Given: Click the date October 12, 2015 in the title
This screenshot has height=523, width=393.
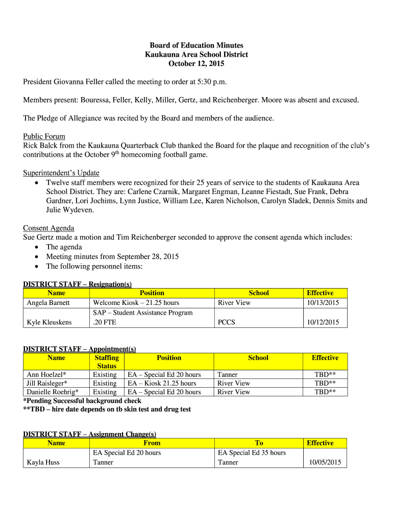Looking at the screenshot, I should point(196,64).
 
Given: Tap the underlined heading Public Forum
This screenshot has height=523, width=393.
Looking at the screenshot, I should point(44,136).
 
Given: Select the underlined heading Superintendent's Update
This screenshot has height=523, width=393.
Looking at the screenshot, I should point(61,173).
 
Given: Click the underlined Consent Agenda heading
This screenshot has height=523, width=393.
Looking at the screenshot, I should point(48,228).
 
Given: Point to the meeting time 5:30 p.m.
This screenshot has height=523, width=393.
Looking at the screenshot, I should point(211,82).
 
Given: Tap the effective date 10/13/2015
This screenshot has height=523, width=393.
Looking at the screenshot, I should point(322,302).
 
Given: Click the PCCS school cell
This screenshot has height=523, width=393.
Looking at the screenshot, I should point(226,322).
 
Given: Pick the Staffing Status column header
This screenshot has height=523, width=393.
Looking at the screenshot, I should point(107,362).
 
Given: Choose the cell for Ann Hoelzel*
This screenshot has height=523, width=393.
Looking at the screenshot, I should point(46,374).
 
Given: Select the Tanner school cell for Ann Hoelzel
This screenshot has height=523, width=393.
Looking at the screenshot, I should point(227,374).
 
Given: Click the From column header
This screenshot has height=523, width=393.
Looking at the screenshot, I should point(152,443).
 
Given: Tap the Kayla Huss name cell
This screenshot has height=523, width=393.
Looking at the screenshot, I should point(43,462).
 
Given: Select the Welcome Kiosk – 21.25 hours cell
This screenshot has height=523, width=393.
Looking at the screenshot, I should point(136,302).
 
